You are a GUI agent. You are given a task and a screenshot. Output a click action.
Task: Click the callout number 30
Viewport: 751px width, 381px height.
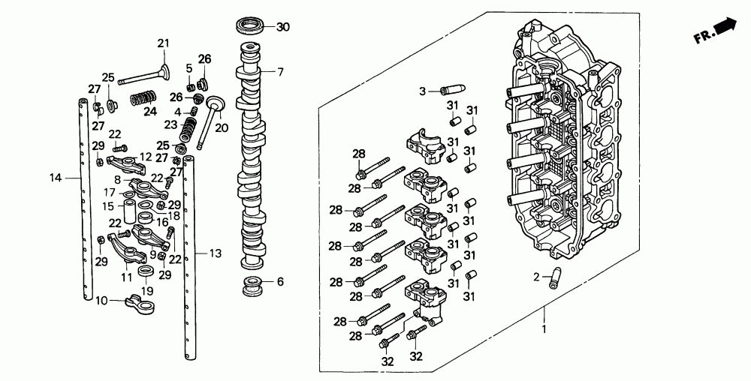(282, 28)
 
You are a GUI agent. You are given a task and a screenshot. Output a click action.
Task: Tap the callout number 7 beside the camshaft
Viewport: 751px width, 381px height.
(280, 73)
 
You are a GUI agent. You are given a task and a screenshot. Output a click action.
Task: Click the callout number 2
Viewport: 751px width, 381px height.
(537, 277)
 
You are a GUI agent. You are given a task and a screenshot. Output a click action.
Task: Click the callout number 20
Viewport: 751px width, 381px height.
(221, 127)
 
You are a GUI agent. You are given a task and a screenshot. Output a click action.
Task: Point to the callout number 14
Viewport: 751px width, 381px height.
(54, 178)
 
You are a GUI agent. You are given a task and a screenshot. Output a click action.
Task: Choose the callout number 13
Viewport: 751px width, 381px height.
(216, 254)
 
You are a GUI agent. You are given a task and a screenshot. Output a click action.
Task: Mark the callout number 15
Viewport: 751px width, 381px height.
(108, 206)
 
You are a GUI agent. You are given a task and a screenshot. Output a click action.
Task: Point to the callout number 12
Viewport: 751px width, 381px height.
(145, 157)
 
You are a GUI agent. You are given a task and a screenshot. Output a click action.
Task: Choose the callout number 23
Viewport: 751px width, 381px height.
(170, 124)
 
